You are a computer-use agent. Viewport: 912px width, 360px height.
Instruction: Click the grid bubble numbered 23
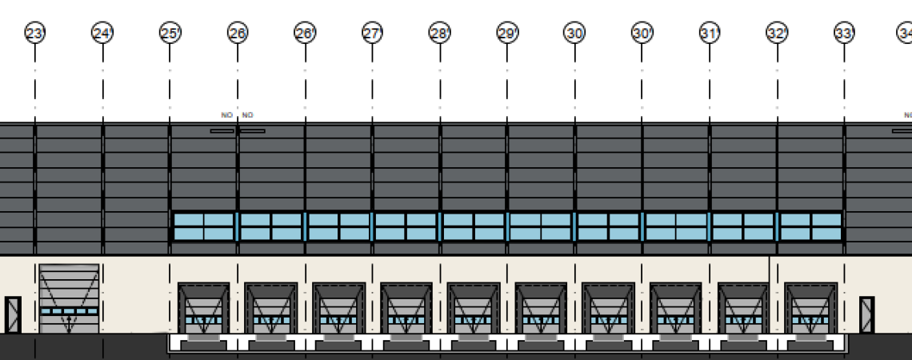[x=34, y=34]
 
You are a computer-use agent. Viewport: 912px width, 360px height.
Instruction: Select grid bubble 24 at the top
[x=102, y=34]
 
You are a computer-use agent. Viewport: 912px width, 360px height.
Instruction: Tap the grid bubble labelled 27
[x=372, y=34]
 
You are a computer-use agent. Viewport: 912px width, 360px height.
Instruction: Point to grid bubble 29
[x=506, y=34]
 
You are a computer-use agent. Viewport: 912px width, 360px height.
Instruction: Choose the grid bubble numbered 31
[x=709, y=34]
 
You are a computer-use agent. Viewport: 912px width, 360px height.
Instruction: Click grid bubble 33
[x=844, y=34]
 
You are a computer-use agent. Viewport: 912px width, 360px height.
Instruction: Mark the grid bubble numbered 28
[x=439, y=34]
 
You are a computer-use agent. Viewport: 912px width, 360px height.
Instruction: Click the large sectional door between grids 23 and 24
[x=69, y=298]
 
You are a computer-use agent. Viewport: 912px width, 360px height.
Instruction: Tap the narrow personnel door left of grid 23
[x=13, y=314]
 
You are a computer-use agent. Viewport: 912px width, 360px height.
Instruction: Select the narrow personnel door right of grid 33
[x=868, y=314]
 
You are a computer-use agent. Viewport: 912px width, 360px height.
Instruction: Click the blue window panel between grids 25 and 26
[x=204, y=226]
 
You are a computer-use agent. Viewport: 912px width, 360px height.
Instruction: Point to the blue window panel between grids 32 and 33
[x=810, y=226]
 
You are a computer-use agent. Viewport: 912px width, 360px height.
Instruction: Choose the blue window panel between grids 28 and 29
[x=474, y=226]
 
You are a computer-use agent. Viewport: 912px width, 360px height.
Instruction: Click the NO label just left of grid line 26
[x=226, y=115]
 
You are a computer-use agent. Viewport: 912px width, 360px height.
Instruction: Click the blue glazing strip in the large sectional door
[x=69, y=310]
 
